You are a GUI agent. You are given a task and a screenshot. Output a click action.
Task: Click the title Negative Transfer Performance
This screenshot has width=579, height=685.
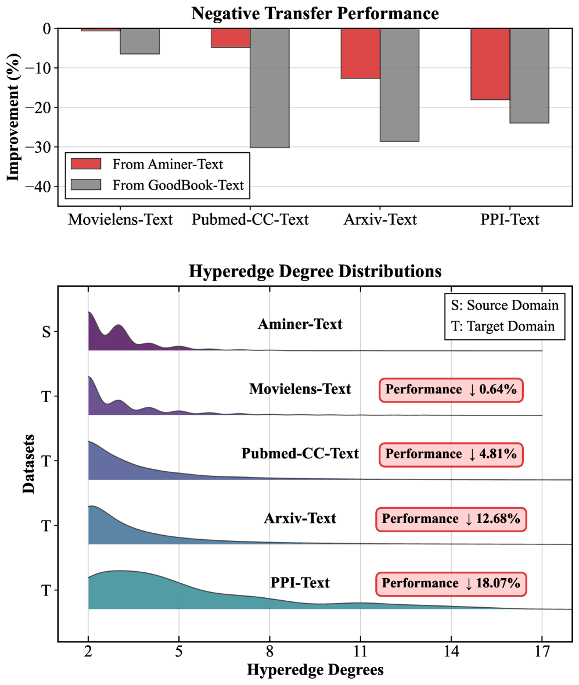pyautogui.click(x=315, y=12)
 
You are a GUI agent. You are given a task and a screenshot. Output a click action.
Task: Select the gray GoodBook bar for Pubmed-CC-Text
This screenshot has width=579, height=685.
pyautogui.click(x=269, y=88)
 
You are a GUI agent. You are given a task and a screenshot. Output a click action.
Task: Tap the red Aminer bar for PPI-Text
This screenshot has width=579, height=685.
pyautogui.click(x=490, y=64)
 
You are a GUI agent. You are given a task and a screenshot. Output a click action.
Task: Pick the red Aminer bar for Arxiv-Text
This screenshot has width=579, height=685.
pyautogui.click(x=360, y=53)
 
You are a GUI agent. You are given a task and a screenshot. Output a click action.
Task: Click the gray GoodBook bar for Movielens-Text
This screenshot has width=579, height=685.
pyautogui.click(x=139, y=41)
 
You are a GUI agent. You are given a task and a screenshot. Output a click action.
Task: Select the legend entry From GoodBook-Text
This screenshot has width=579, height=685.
pyautogui.click(x=178, y=185)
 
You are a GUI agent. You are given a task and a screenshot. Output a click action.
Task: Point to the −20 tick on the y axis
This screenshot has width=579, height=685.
pyautogui.click(x=42, y=107)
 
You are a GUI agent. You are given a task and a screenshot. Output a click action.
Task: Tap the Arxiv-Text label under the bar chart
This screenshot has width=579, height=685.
pyautogui.click(x=380, y=220)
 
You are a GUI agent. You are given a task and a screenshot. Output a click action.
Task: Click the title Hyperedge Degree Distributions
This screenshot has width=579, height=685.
pyautogui.click(x=315, y=271)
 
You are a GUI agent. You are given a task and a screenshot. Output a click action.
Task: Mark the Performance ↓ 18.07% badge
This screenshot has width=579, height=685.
pyautogui.click(x=451, y=583)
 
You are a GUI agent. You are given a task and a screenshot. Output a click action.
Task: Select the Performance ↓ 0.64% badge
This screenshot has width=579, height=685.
pyautogui.click(x=451, y=389)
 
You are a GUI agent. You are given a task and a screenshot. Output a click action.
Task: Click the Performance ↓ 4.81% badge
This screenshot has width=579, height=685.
pyautogui.click(x=451, y=454)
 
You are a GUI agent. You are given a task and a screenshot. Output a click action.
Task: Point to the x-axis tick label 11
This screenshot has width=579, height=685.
pyautogui.click(x=361, y=652)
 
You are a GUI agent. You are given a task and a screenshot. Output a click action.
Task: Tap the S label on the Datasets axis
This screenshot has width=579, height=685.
pyautogui.click(x=46, y=332)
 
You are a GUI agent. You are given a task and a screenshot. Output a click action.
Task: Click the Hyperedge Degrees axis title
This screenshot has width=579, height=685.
pyautogui.click(x=315, y=670)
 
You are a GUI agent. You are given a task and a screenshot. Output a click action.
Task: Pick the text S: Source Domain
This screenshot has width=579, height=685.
pyautogui.click(x=505, y=305)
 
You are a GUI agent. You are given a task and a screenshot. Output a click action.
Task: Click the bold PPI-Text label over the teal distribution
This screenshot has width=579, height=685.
pyautogui.click(x=300, y=582)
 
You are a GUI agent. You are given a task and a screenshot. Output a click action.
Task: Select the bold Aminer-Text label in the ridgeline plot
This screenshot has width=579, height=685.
pyautogui.click(x=300, y=324)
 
